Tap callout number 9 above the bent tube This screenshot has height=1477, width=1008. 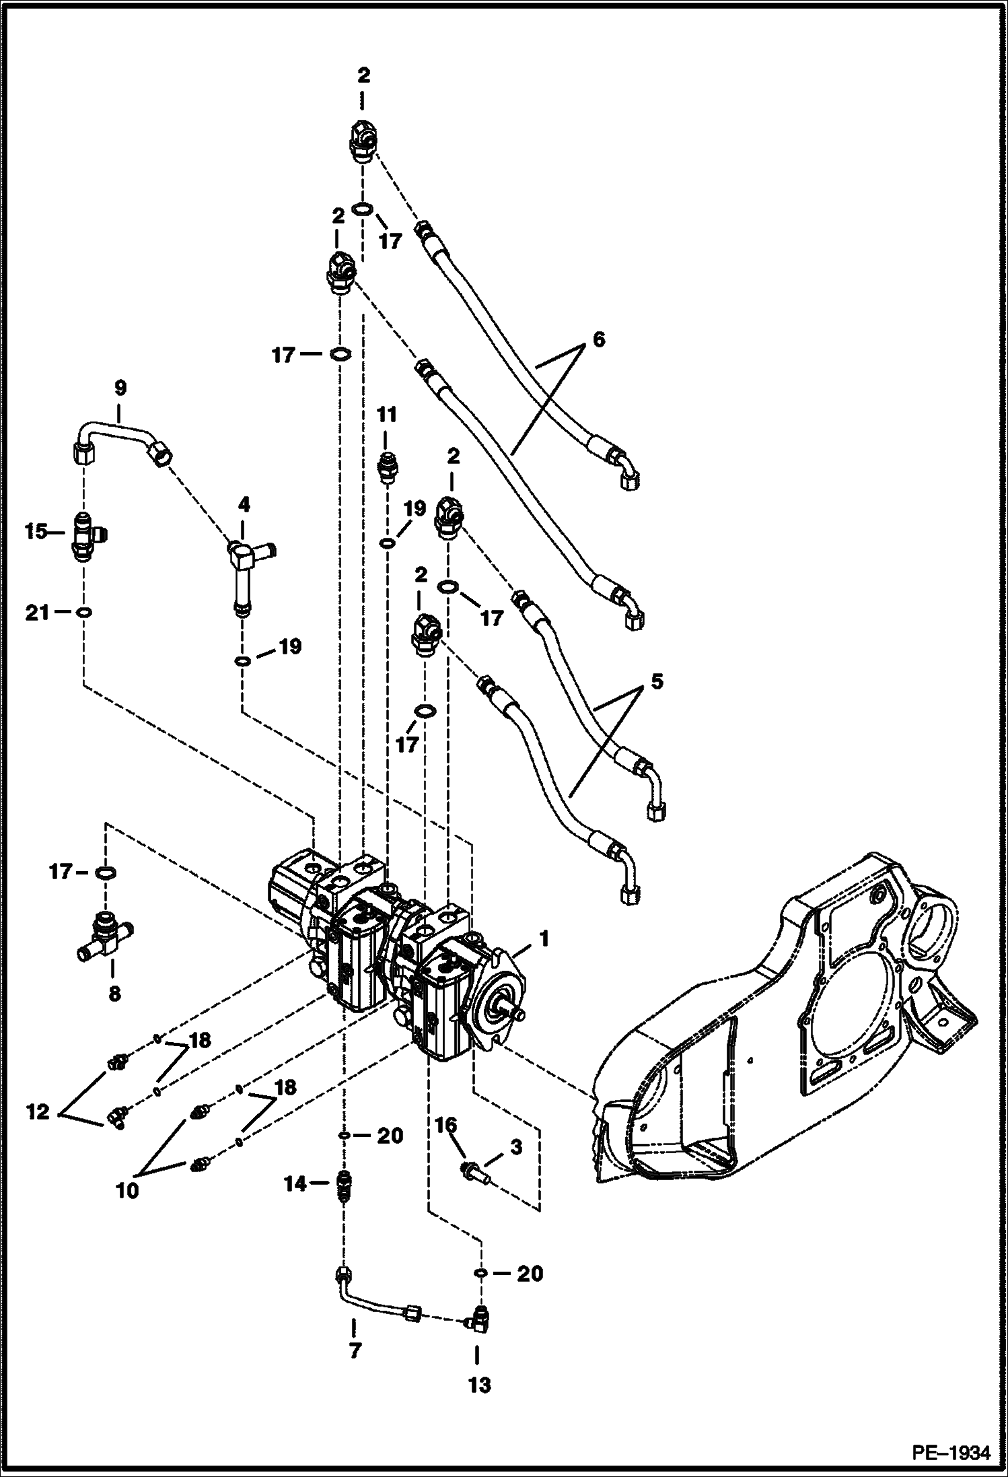click(120, 388)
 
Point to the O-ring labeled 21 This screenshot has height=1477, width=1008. click(84, 612)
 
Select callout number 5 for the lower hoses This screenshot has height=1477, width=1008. click(656, 681)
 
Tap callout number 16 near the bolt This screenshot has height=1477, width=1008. click(445, 1125)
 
